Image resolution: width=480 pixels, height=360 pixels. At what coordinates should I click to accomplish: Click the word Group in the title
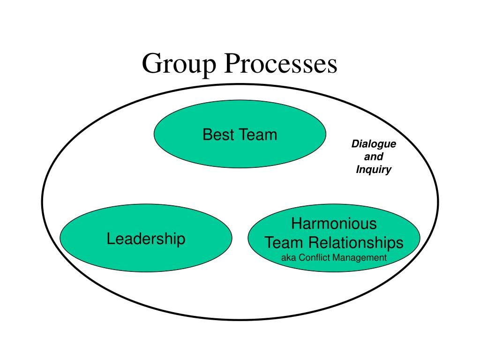pos(180,64)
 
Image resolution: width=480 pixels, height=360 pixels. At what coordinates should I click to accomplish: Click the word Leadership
pos(146,239)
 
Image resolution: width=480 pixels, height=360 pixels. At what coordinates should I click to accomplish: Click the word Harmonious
pos(334,223)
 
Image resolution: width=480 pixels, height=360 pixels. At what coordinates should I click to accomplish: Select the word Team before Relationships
pos(283,243)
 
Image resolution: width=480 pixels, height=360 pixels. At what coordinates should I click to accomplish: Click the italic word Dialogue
pos(374,144)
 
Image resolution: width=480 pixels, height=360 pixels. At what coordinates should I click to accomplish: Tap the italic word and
pos(374,157)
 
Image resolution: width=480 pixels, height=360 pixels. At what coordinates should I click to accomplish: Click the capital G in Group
pos(151,64)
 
